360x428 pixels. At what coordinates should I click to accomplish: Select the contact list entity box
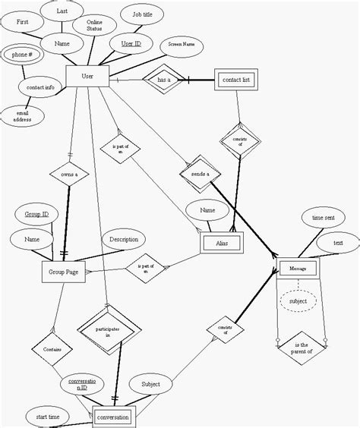click(238, 80)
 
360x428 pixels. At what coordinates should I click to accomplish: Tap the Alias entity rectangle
click(222, 243)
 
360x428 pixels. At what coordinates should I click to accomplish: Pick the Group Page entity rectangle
click(64, 274)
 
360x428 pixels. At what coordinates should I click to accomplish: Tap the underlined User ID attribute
click(131, 44)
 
